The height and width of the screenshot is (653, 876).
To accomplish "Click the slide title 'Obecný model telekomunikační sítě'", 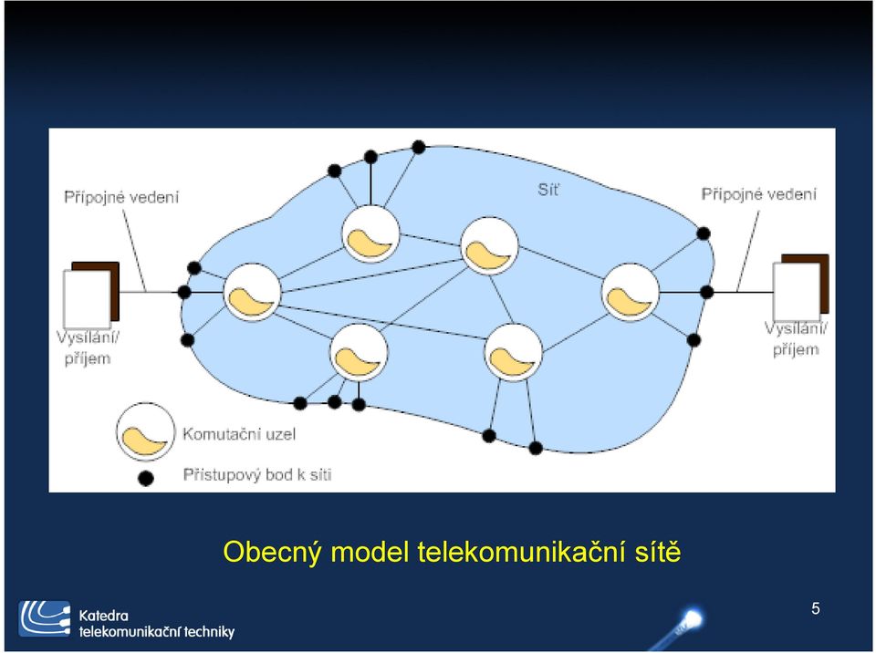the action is (x=452, y=553).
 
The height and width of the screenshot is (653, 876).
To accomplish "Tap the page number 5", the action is (x=816, y=608).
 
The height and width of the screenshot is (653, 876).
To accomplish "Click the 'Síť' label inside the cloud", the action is (x=548, y=190).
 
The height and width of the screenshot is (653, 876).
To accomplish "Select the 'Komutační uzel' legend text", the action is (x=239, y=434).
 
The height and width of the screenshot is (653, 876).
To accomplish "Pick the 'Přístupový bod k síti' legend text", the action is (x=257, y=475).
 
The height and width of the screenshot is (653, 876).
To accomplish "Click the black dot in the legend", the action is (x=146, y=478).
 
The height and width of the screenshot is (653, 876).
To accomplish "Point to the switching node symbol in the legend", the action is (x=145, y=431).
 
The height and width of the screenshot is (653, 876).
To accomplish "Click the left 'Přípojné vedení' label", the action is (x=121, y=197).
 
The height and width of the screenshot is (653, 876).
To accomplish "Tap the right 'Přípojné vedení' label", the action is (x=758, y=194).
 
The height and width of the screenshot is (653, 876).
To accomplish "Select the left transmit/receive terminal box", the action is (x=91, y=295).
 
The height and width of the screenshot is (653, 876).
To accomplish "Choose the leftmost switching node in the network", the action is (x=252, y=293).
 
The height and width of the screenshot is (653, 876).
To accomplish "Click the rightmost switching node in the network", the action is (x=631, y=293).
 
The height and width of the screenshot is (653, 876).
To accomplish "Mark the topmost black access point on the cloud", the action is (x=419, y=148).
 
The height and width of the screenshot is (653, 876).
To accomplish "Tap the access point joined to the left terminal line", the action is (x=184, y=292).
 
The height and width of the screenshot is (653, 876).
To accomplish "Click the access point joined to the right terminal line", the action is (x=706, y=292).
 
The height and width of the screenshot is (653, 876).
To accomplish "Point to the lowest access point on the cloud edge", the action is (x=536, y=448).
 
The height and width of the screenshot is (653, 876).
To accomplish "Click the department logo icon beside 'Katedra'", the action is (x=45, y=619).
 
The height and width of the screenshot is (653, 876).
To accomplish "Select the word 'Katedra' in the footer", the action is (x=103, y=616).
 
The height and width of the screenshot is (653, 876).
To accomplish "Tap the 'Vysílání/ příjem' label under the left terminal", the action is (x=88, y=348).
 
